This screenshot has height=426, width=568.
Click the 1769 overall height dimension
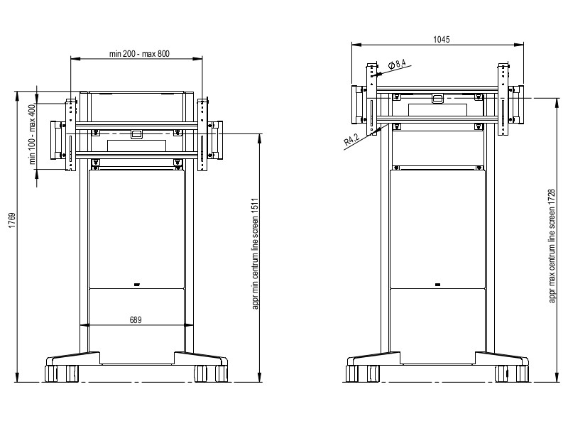pos(12,220)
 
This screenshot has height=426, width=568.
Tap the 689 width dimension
pos(136,320)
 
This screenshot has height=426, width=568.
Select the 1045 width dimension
pos(441,40)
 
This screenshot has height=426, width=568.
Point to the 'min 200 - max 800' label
pos(139,54)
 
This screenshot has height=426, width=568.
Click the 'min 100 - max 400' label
pos(33,134)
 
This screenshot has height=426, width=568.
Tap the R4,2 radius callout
pos(351,139)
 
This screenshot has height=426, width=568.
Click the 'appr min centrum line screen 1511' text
pos(255,253)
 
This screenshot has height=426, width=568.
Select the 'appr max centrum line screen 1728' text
pos(552,246)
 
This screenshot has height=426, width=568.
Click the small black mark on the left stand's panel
pos(137,285)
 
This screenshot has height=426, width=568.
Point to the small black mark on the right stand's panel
pos(437,285)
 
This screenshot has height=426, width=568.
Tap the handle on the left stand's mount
pos(136,134)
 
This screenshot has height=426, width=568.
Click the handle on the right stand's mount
pos(437,99)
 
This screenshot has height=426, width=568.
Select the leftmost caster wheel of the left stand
pos(50,373)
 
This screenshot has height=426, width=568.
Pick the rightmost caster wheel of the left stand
pos(222,373)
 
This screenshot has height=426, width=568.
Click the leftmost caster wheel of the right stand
pos(351,373)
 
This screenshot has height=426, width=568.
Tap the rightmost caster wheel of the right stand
pos(523,373)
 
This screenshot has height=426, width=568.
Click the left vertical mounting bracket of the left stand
pos(70,134)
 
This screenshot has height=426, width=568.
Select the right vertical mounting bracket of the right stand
pos(503,99)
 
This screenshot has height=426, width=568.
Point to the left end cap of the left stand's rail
pos(57,140)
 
